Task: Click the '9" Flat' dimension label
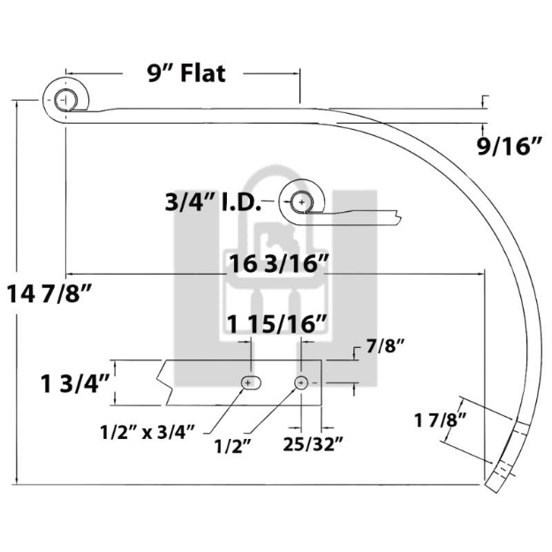point(186,73)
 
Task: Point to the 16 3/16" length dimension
point(280,262)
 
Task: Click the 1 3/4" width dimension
point(74,383)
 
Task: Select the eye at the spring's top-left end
point(65,99)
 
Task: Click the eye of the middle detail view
point(302,202)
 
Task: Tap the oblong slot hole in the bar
point(250,382)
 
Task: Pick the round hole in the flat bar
point(302,382)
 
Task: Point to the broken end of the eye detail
point(402,214)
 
